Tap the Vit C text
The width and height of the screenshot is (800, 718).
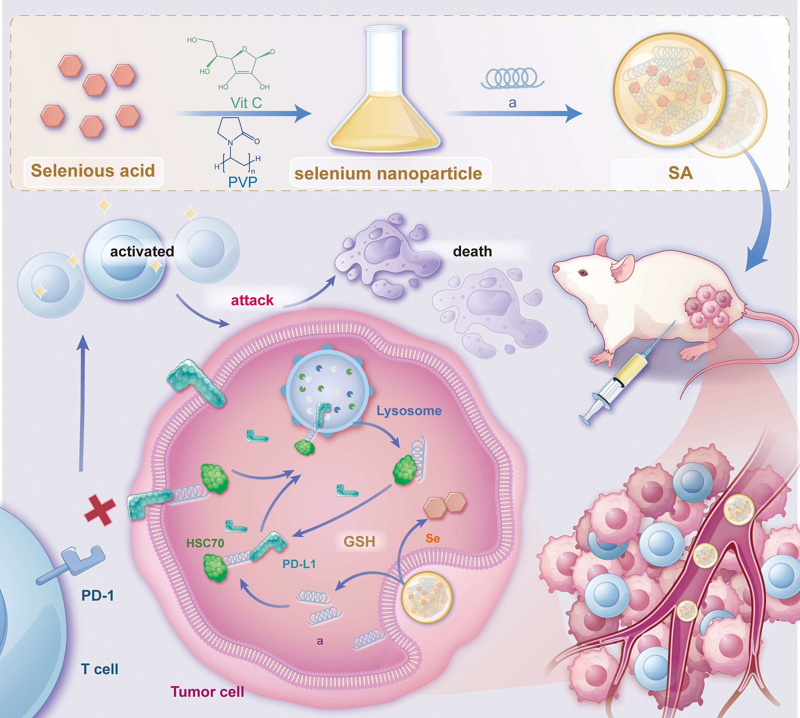click(x=246, y=103)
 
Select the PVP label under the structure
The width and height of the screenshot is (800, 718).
click(x=243, y=182)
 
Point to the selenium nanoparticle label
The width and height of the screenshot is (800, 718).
click(x=388, y=174)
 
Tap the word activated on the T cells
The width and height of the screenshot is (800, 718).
click(x=142, y=251)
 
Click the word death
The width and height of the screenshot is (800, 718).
click(x=472, y=251)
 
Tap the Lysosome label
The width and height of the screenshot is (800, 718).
click(x=409, y=411)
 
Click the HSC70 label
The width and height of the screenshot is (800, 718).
click(x=205, y=544)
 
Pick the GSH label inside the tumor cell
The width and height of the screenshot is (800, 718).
click(x=359, y=542)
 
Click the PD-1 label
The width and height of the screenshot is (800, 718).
click(x=98, y=595)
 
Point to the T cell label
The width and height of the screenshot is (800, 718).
click(x=99, y=669)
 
